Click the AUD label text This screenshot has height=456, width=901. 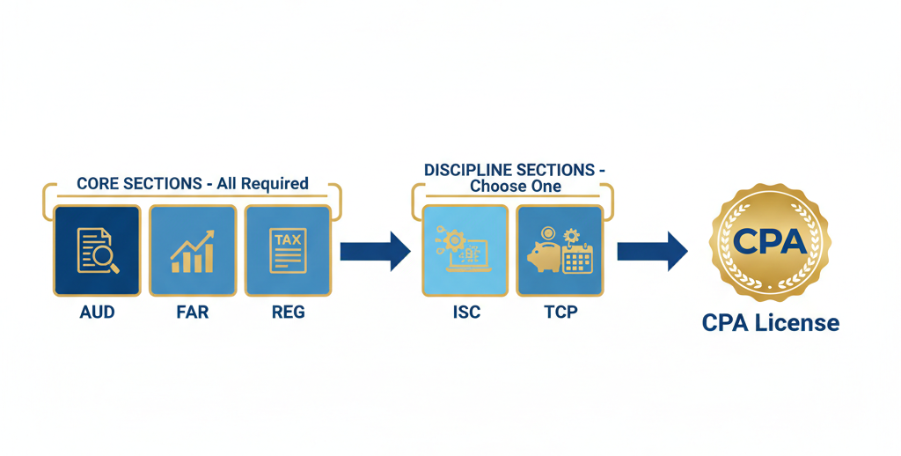(x=97, y=312)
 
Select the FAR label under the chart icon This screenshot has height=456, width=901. (x=192, y=312)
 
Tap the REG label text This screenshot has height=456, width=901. (x=288, y=312)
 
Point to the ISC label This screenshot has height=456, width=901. (x=465, y=312)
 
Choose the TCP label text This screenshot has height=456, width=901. (x=560, y=312)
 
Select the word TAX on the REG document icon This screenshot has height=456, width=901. (x=288, y=239)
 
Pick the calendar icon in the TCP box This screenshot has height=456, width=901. (x=578, y=259)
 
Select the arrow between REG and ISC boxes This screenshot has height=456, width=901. (x=375, y=251)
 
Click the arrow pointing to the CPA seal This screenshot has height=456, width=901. (x=651, y=251)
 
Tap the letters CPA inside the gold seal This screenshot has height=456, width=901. (x=771, y=240)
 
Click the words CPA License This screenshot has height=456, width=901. (x=771, y=323)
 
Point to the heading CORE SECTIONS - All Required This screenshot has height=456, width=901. (x=193, y=184)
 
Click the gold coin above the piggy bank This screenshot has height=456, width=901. (x=548, y=233)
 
